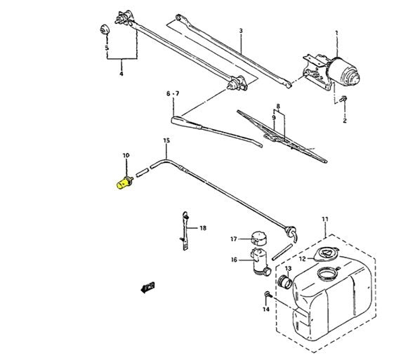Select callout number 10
[126, 155]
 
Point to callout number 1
[336, 33]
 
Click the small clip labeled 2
[343, 99]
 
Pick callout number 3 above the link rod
[241, 31]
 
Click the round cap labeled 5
[105, 29]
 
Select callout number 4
[121, 74]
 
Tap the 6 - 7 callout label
[173, 93]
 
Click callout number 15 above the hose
[166, 140]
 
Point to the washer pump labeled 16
[261, 262]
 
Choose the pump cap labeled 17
[258, 238]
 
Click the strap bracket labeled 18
[185, 231]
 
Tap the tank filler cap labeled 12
[327, 255]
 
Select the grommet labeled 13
[285, 282]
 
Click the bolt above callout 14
[268, 294]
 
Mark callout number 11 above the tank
[325, 219]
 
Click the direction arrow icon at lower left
[147, 287]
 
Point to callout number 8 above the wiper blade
[278, 107]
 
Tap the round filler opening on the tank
[328, 274]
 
